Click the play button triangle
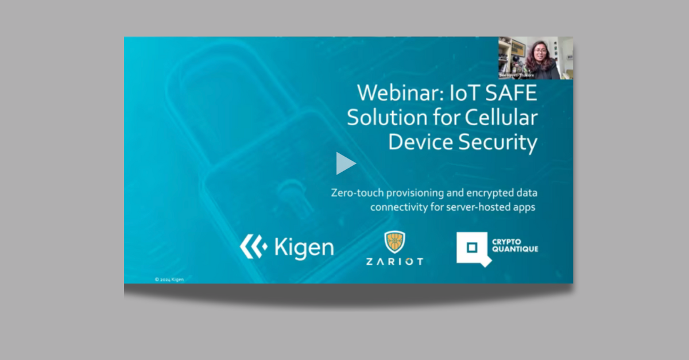[345, 164]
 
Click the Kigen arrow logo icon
[253, 247]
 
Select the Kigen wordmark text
[304, 247]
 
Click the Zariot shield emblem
[394, 242]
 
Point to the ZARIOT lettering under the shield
[394, 261]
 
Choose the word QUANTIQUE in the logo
[515, 250]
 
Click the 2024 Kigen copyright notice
[169, 280]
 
